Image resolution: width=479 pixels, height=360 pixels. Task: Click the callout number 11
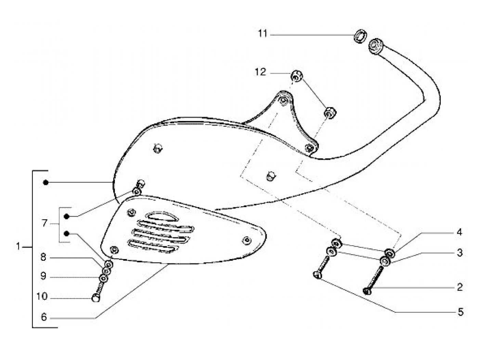click(x=262, y=34)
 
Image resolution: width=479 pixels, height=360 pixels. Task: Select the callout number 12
click(x=260, y=73)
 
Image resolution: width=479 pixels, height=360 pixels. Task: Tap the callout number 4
click(x=459, y=232)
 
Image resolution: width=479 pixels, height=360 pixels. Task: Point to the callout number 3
click(x=459, y=253)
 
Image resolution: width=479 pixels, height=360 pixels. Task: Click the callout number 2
click(x=459, y=287)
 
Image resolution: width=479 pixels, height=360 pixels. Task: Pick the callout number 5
click(x=461, y=312)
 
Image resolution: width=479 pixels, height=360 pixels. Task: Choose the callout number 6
click(x=43, y=317)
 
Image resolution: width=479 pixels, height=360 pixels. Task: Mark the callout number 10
click(x=42, y=296)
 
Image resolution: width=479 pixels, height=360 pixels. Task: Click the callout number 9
click(x=43, y=276)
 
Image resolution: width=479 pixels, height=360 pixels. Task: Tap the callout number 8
click(x=43, y=257)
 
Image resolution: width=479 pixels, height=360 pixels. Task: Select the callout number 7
click(x=44, y=224)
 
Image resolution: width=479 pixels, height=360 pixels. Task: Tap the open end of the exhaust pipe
click(x=375, y=46)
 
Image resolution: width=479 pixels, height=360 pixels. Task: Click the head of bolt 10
click(x=96, y=298)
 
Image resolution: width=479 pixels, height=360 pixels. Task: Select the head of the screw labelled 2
click(x=367, y=291)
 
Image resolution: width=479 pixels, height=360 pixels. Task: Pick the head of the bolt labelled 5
click(x=317, y=274)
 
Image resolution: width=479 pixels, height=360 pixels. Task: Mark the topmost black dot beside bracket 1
click(x=46, y=183)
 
